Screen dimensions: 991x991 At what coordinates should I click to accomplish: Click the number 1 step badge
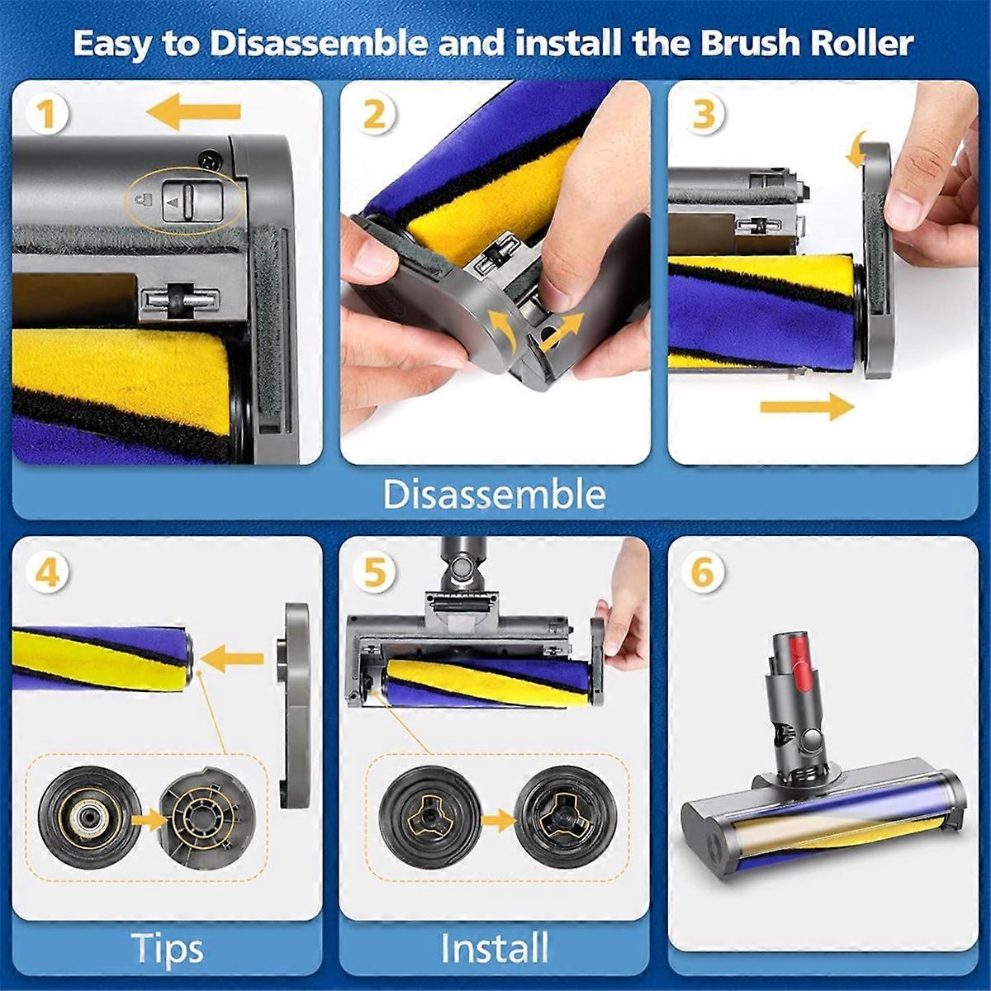(x=46, y=113)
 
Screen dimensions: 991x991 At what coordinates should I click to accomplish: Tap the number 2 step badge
(x=374, y=113)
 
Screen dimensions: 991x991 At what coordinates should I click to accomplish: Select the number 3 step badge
(x=704, y=113)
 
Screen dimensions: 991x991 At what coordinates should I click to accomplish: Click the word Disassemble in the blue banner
(x=494, y=495)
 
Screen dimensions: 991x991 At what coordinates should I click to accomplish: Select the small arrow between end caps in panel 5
(x=498, y=821)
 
